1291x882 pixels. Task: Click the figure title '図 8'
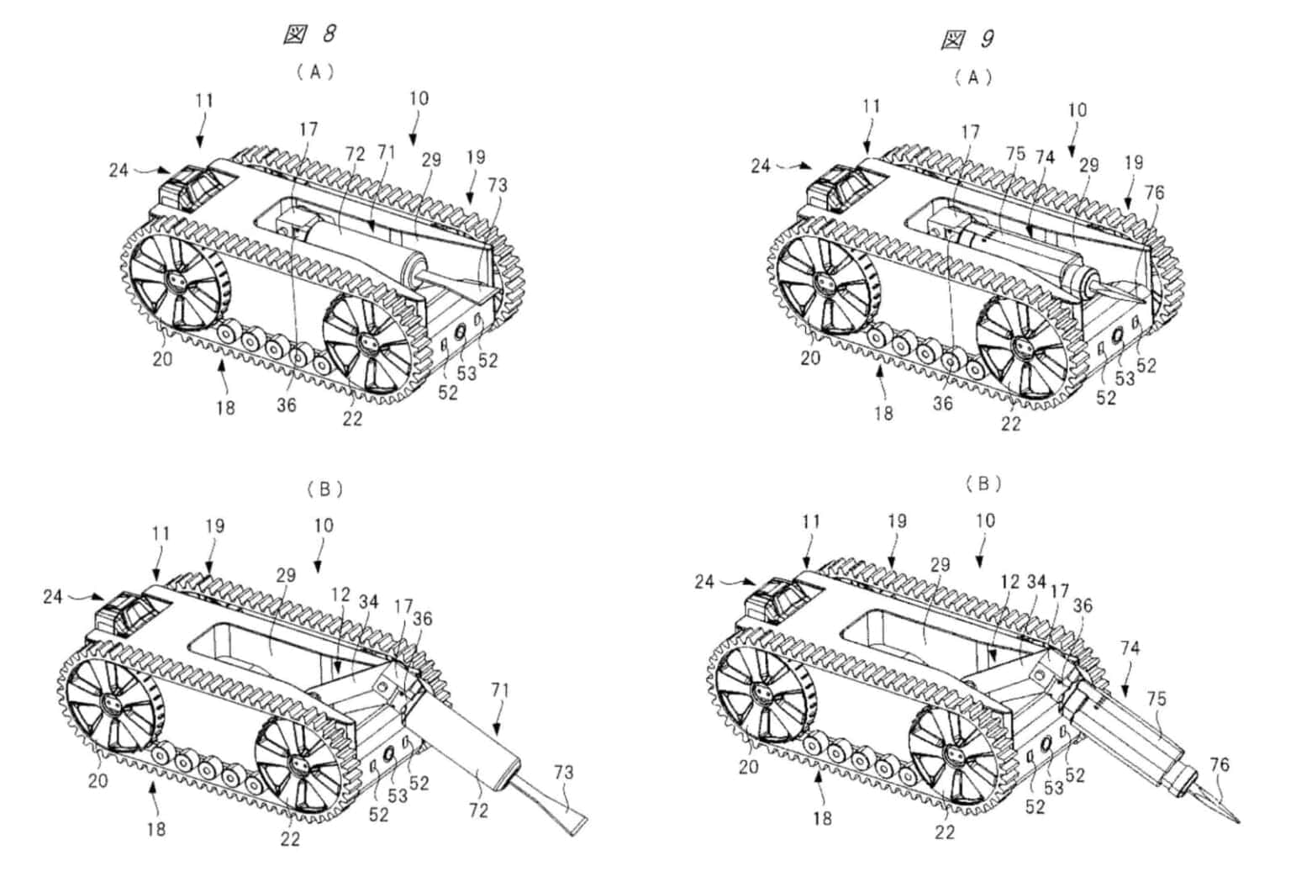pos(309,34)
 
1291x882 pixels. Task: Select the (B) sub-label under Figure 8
pos(324,489)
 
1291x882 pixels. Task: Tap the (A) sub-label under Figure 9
pos(973,78)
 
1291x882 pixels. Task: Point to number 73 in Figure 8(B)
pos(564,772)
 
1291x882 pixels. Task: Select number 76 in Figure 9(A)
pos(1154,193)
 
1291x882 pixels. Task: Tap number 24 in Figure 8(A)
pos(119,171)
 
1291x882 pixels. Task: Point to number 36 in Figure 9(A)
pos(943,404)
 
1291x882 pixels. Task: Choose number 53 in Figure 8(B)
pos(397,796)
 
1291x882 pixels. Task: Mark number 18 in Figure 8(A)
pos(225,408)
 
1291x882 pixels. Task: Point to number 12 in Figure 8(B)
pos(340,595)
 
